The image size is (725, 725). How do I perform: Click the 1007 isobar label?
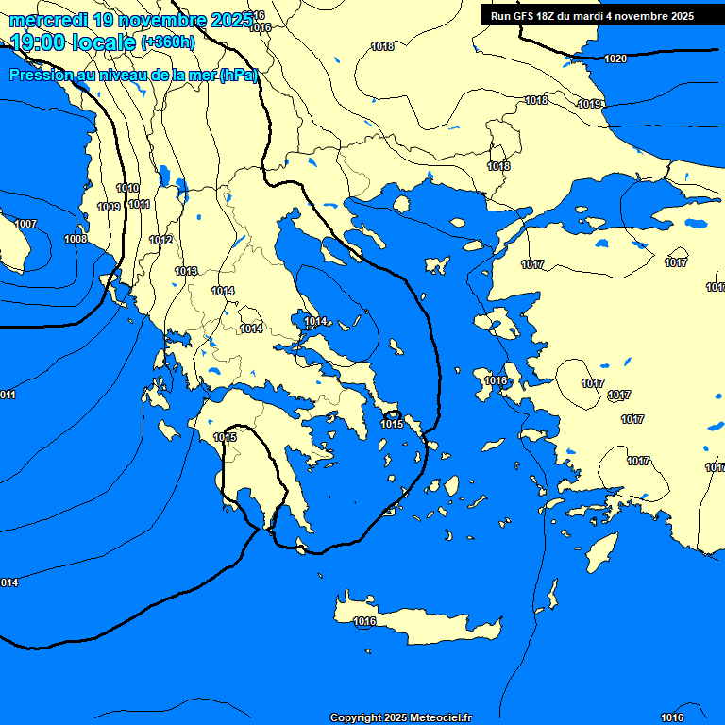coord(25,224)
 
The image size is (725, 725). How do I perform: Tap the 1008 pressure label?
coord(76,239)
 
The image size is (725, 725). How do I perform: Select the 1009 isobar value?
coord(109,207)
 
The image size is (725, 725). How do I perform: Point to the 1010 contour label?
coord(127,188)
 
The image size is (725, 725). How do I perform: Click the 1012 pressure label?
coord(160,241)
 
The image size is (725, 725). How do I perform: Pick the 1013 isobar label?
coord(186,271)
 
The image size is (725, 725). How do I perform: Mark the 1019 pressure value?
coord(590,104)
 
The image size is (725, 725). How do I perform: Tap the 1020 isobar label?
coord(615,59)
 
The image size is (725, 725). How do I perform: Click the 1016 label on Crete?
coord(364,621)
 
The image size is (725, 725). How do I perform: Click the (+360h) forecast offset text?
coord(168,42)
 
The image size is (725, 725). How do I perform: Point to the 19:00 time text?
coord(37,42)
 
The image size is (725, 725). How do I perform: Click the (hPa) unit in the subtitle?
coord(238,76)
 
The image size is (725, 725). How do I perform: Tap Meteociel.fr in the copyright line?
coord(441,718)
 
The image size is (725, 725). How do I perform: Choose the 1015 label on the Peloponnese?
coord(225,437)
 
